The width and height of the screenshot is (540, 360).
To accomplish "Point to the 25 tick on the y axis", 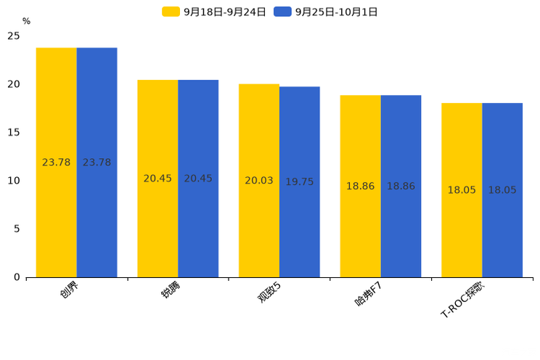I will (14, 36).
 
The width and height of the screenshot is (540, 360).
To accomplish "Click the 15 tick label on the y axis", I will (14, 133).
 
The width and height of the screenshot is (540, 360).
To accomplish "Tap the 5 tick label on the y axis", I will (17, 229).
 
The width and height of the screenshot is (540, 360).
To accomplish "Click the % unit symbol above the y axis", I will (26, 22).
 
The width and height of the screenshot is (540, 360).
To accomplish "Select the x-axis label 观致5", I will (269, 292).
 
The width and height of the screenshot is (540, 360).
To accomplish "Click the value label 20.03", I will (259, 181).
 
